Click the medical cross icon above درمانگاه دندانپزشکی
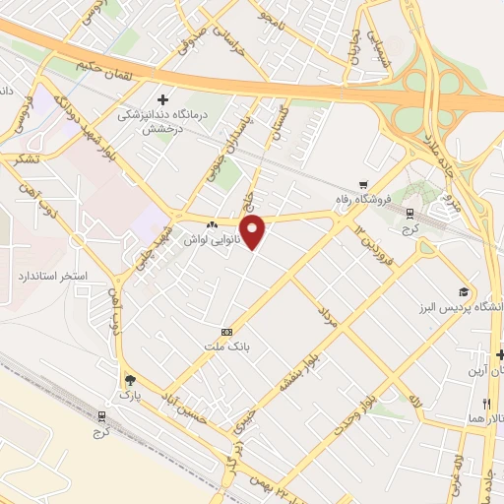click(x=162, y=99)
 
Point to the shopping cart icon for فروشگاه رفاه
click(x=363, y=184)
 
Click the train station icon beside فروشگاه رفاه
click(x=409, y=213)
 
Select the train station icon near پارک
click(x=100, y=416)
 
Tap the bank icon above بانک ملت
click(x=227, y=332)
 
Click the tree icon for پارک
click(x=128, y=379)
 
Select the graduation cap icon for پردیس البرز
click(x=463, y=291)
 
